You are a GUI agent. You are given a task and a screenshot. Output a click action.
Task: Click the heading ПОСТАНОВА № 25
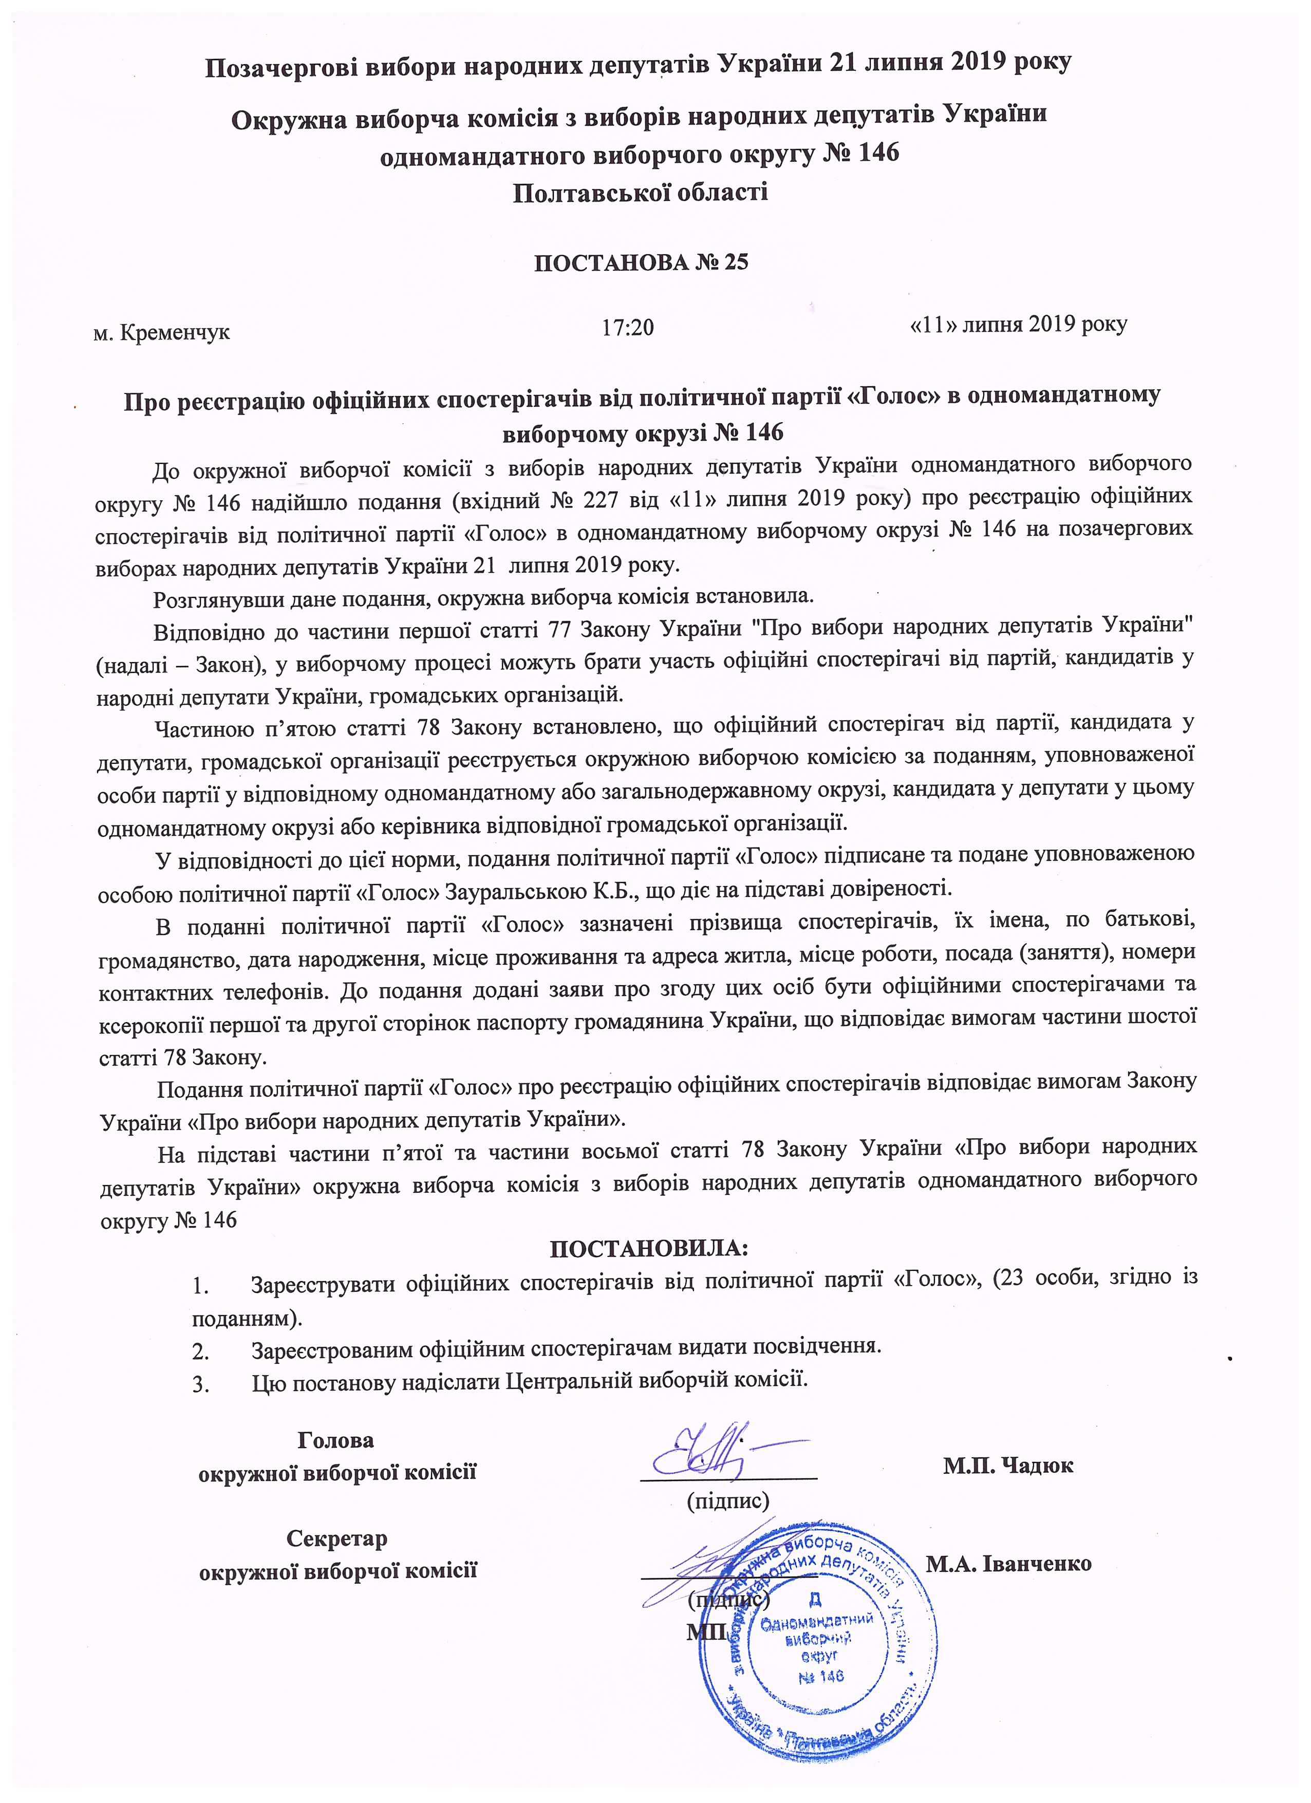coord(641,262)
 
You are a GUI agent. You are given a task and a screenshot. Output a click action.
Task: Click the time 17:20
coord(628,327)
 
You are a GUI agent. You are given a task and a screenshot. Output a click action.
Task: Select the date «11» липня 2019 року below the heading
coord(1018,324)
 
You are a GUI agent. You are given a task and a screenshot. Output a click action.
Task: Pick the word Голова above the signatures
coord(335,1440)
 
